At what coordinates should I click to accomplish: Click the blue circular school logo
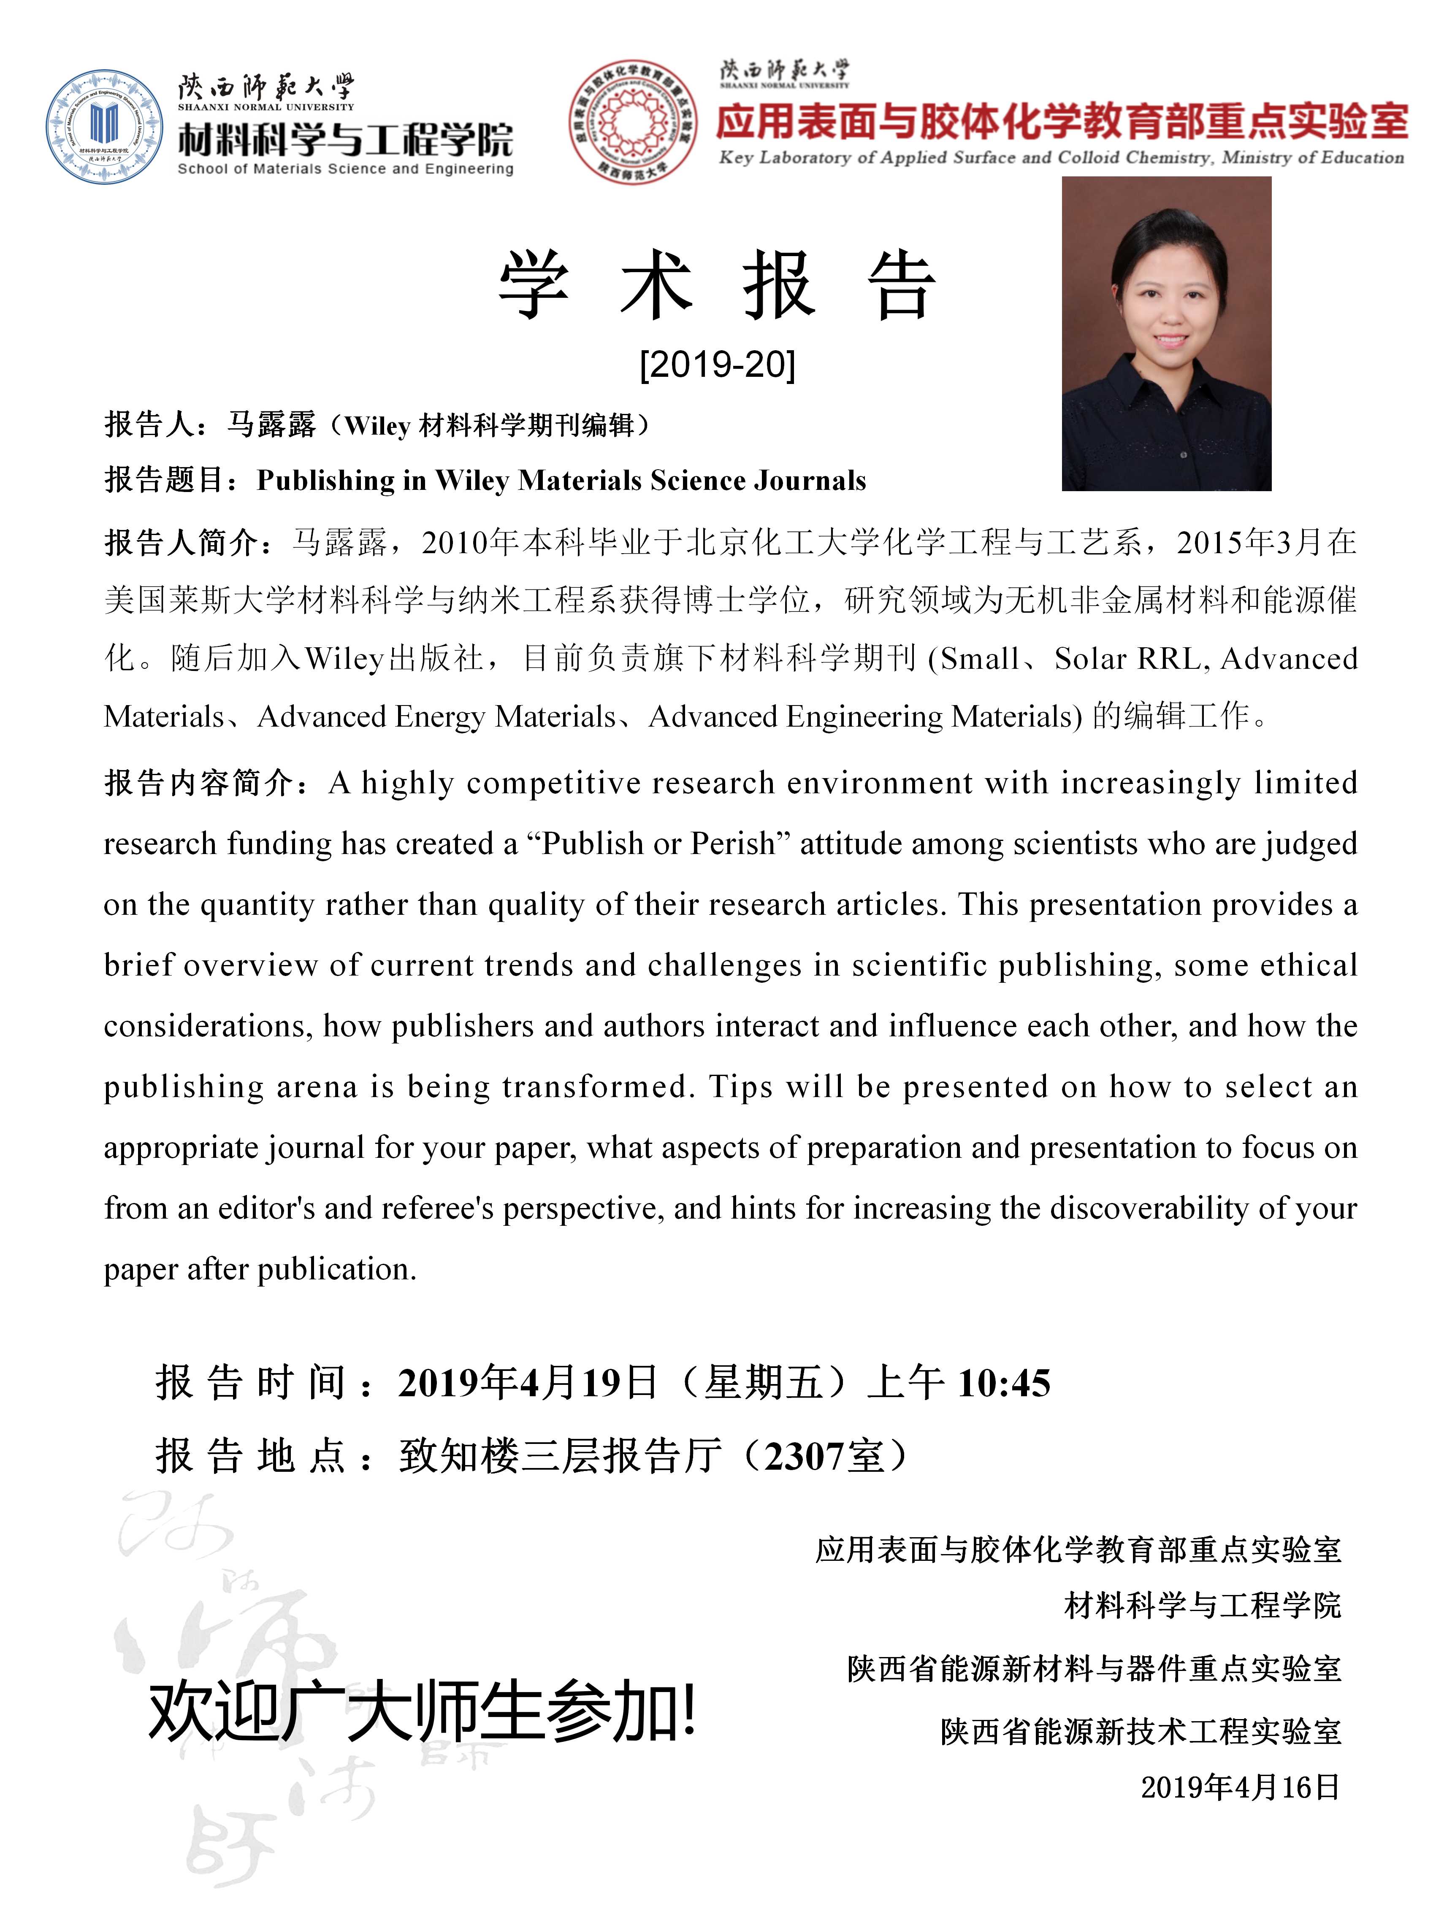(104, 126)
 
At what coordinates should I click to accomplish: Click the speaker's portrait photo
(1166, 334)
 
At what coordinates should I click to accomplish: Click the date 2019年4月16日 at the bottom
(1240, 1788)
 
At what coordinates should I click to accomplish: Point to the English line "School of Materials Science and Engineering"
(344, 169)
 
